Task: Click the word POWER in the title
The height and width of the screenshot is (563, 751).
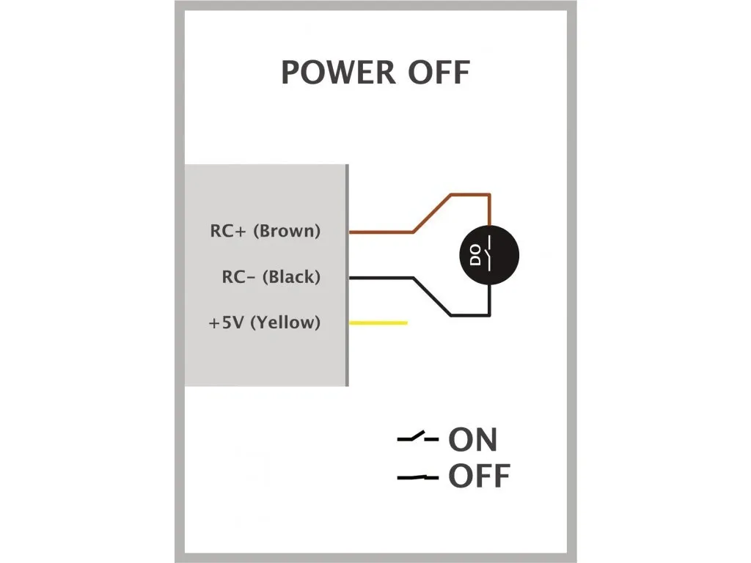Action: tap(330, 73)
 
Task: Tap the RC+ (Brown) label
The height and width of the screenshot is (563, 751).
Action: tap(265, 232)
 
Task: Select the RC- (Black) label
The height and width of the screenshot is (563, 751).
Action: tap(271, 277)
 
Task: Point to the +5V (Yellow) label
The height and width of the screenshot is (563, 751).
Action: tap(265, 323)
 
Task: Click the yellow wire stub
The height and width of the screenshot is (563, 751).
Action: tap(378, 323)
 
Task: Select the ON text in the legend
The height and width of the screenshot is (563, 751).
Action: tap(473, 440)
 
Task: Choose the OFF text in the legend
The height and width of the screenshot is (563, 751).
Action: tap(479, 476)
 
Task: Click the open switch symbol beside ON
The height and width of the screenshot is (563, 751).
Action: tap(417, 438)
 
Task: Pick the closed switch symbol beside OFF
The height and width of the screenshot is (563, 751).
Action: tap(417, 477)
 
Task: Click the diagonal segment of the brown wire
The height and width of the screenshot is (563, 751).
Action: tap(432, 213)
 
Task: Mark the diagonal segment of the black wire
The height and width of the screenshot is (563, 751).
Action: tap(433, 297)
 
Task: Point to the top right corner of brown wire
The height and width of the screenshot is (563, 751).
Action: tap(489, 196)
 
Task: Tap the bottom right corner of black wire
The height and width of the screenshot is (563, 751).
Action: tap(489, 316)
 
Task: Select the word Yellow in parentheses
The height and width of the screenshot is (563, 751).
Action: tap(285, 323)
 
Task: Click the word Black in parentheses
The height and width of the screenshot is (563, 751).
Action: tap(291, 277)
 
